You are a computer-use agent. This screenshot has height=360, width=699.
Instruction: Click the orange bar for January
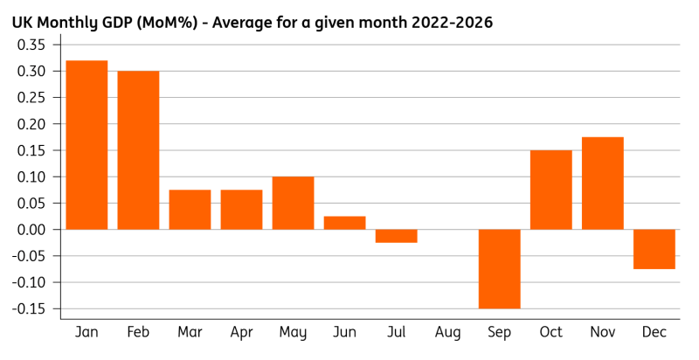tap(87, 145)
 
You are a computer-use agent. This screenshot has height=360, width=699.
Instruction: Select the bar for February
tap(138, 150)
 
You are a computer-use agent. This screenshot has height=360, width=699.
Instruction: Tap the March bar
tap(190, 210)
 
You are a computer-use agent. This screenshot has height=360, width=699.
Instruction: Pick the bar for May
tap(293, 203)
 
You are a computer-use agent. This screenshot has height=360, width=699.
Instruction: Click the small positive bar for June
tap(344, 223)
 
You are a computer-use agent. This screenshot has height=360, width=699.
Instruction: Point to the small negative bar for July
tap(396, 236)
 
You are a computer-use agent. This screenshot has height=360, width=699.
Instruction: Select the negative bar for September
tap(499, 269)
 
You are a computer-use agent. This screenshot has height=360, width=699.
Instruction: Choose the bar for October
tap(550, 190)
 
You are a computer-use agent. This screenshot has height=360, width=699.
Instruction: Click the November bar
tap(602, 183)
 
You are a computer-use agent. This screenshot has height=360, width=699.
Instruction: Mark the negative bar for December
tap(654, 249)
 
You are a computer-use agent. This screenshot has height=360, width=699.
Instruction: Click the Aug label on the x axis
tap(447, 333)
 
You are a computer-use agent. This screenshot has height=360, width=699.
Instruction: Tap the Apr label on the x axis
tap(241, 333)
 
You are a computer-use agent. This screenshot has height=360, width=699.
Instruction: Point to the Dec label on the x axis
tap(654, 333)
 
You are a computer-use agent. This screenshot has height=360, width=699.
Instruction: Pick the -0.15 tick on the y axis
tap(30, 309)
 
